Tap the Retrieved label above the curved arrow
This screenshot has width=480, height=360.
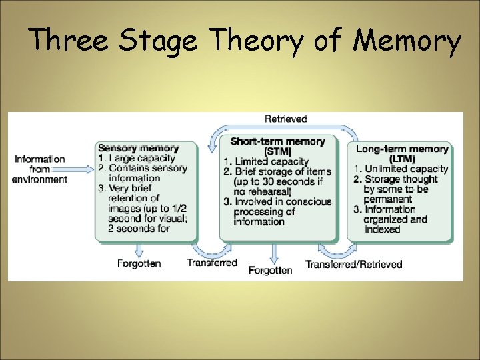click(x=286, y=119)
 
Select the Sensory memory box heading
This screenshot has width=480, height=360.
click(x=138, y=148)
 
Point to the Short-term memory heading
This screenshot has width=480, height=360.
click(x=277, y=141)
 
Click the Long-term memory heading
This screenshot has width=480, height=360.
click(x=402, y=149)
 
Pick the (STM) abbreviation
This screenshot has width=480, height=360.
click(x=277, y=151)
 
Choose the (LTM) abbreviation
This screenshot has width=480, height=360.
click(x=402, y=159)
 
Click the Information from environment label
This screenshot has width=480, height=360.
click(x=40, y=169)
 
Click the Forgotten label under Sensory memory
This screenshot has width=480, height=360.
click(x=139, y=263)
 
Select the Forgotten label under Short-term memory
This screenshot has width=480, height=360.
click(x=271, y=270)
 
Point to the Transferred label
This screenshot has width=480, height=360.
click(x=212, y=263)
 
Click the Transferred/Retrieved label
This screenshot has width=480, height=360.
click(x=354, y=264)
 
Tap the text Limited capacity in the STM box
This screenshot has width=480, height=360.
click(x=271, y=161)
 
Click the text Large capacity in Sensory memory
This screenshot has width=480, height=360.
click(x=141, y=158)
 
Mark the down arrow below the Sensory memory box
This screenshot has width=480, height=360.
click(x=139, y=249)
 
